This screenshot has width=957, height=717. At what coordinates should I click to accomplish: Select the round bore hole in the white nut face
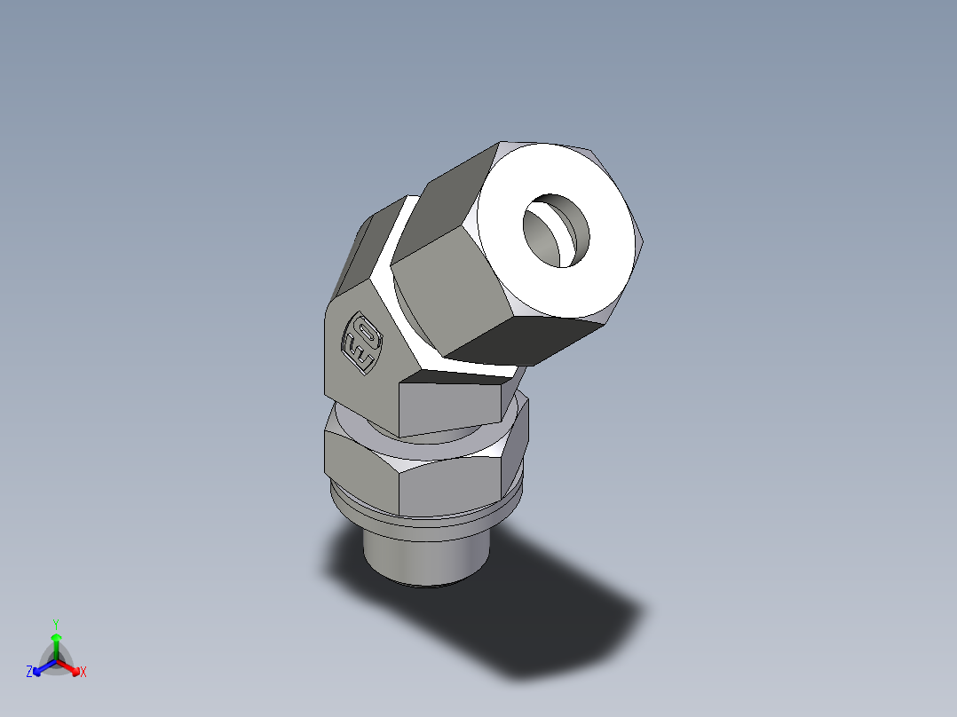coord(556,231)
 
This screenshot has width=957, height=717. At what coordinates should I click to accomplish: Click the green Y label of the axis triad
coord(55,623)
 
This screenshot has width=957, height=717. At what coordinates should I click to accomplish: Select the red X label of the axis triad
coord(83,673)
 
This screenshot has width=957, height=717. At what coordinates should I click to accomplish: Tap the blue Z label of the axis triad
coord(29,673)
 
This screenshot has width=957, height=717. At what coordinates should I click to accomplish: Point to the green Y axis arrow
coord(56,641)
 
